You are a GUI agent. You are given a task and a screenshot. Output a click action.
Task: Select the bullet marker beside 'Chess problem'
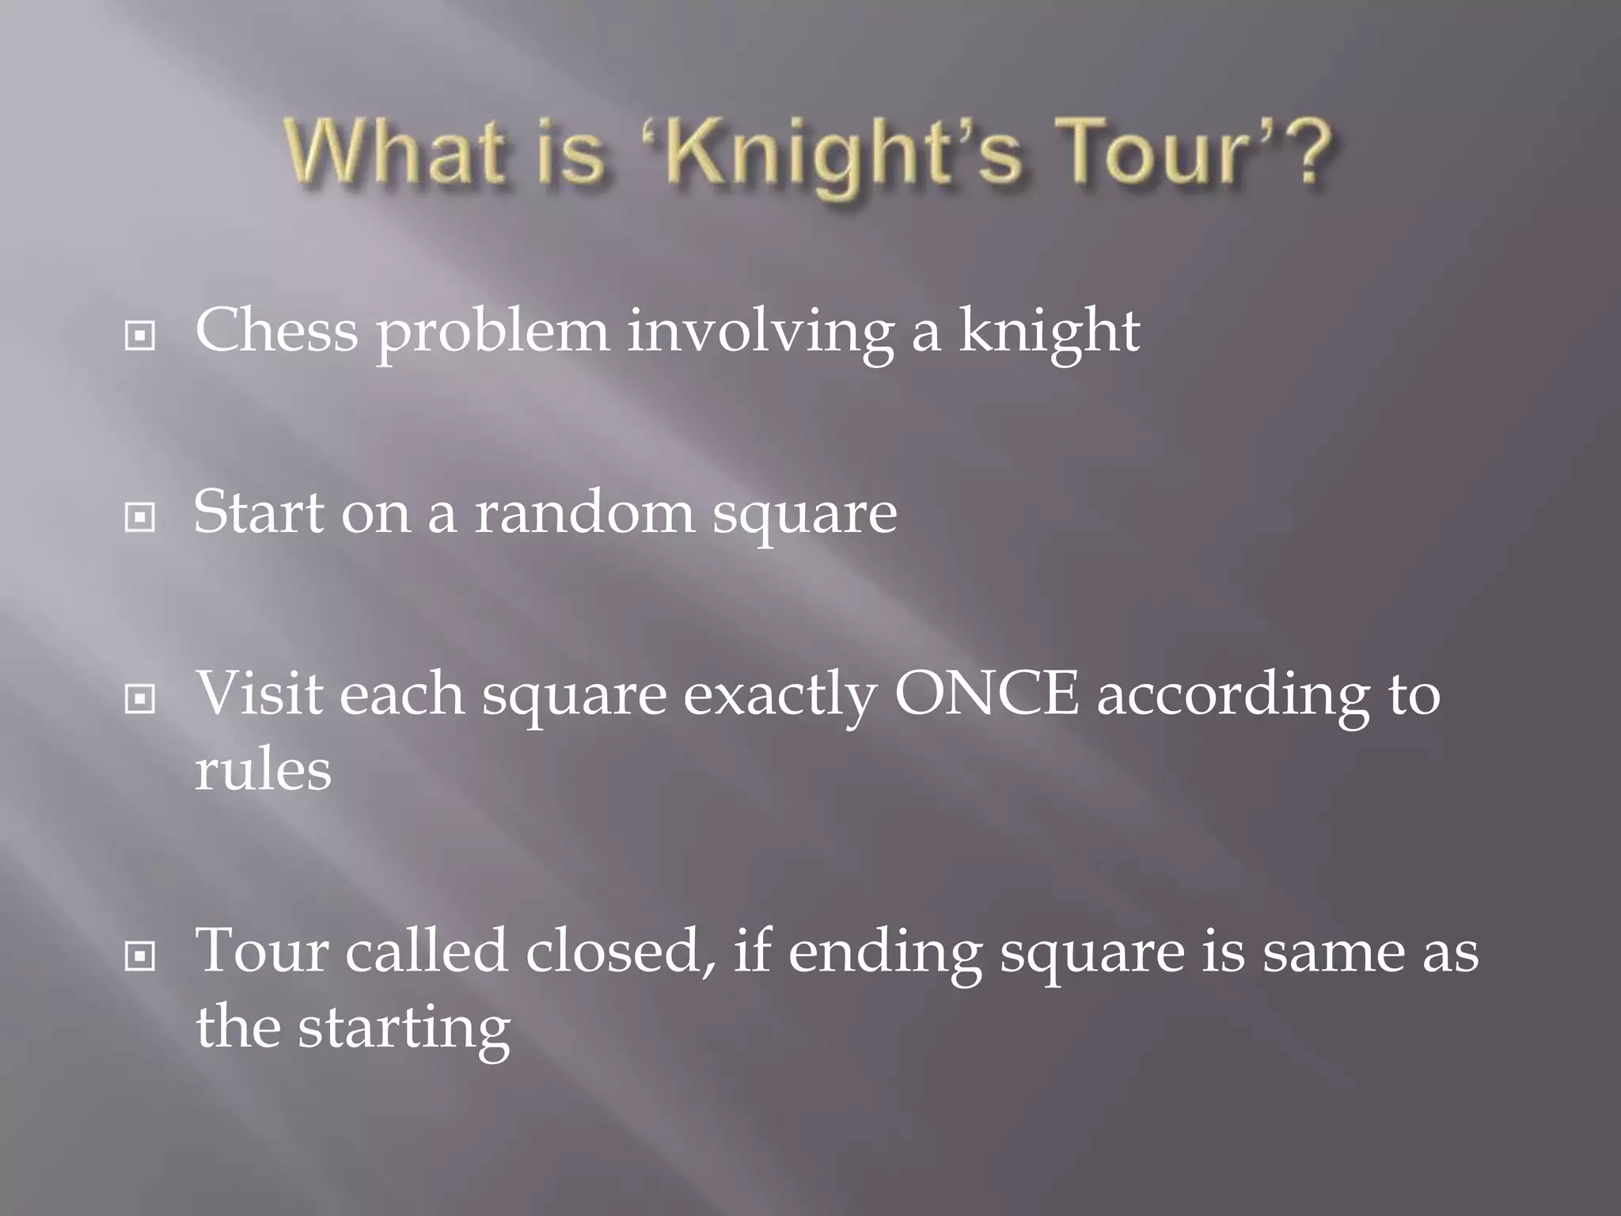click(140, 336)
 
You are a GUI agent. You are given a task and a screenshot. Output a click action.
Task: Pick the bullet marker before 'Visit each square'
click(140, 699)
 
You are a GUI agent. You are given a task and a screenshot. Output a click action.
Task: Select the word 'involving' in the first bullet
click(760, 332)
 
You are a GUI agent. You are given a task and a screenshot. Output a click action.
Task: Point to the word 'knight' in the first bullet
click(1050, 332)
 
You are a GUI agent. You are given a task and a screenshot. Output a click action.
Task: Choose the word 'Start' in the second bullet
click(259, 512)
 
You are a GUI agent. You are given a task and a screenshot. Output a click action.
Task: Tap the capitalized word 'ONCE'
click(986, 694)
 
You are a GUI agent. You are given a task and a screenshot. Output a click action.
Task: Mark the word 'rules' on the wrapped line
click(263, 770)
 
